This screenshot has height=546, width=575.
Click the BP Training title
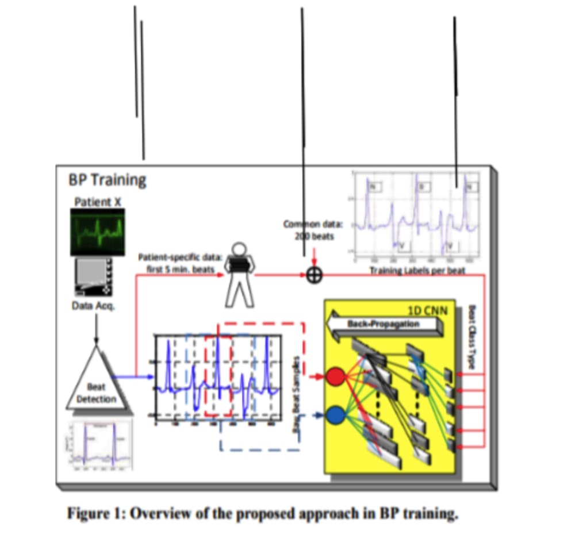(108, 180)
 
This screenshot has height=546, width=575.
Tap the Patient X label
(98, 202)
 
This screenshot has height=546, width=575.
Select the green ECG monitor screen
(98, 232)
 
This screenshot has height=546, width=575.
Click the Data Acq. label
(93, 306)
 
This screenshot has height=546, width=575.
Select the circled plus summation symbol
(313, 275)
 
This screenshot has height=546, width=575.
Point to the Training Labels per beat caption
(417, 270)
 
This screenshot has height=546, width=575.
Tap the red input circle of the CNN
(335, 377)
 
